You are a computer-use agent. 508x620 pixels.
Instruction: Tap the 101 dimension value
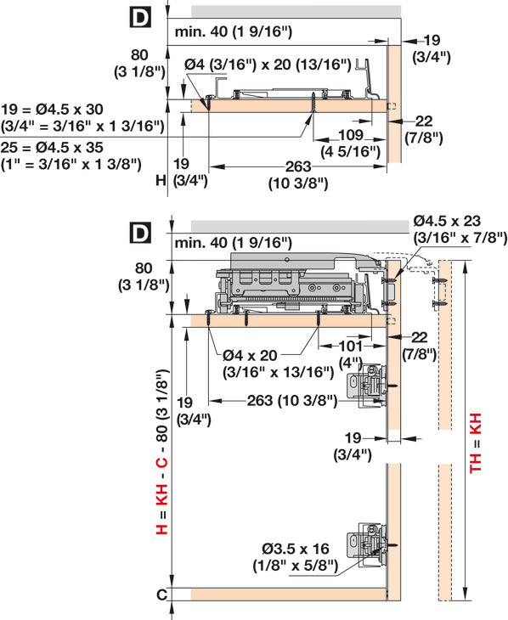click(350, 346)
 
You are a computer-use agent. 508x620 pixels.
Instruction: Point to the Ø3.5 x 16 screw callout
click(296, 550)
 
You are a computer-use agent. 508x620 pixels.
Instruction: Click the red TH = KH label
click(476, 442)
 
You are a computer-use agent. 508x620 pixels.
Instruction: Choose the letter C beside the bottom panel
click(161, 595)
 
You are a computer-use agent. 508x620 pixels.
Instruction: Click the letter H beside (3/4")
click(161, 180)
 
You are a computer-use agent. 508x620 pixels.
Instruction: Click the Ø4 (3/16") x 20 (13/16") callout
click(268, 64)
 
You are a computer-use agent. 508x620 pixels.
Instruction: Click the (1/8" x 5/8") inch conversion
click(295, 565)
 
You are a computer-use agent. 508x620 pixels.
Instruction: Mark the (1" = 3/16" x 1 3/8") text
click(71, 163)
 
